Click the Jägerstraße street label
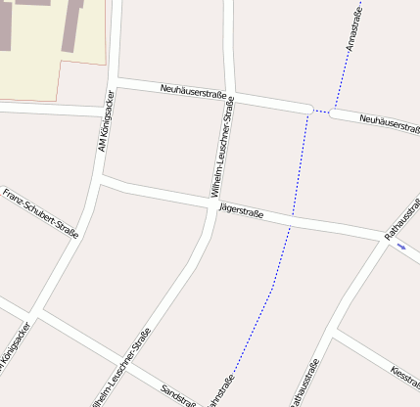[x=241, y=208]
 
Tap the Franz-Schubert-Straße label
[x=40, y=213]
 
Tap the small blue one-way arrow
[x=401, y=247]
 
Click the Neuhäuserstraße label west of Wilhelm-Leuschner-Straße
[x=194, y=93]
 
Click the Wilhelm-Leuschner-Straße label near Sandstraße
[x=118, y=370]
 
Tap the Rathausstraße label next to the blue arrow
[x=403, y=221]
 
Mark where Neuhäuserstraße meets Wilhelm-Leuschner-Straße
[x=231, y=97]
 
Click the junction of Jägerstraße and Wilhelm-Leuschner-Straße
[x=214, y=203]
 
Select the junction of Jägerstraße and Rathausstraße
[x=384, y=238]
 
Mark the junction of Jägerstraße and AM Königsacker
[x=101, y=181]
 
